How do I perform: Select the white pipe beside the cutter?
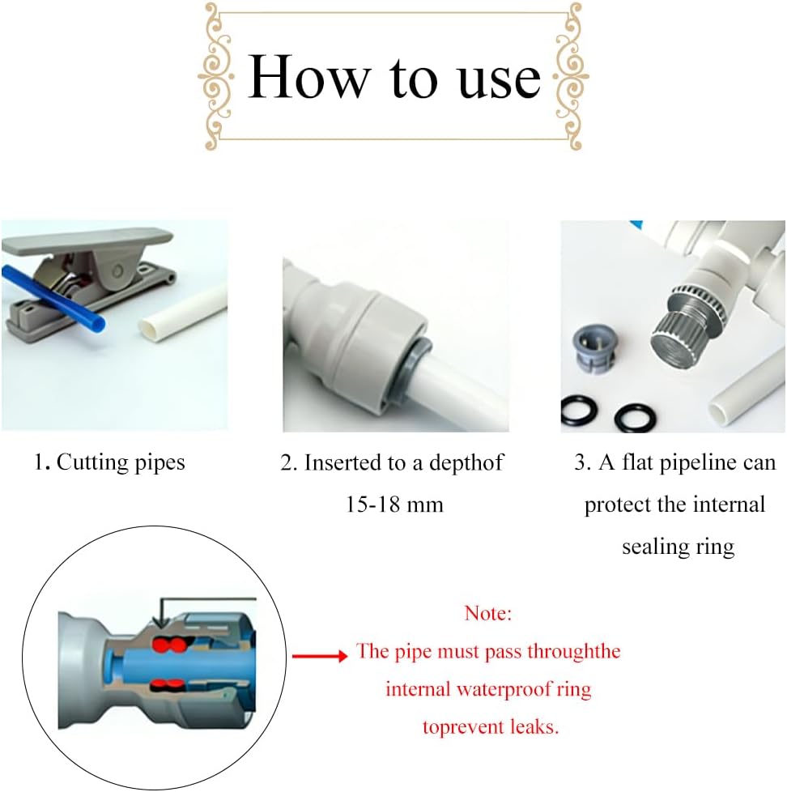click(183, 315)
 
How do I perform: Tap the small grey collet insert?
click(594, 347)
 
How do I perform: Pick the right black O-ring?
click(636, 419)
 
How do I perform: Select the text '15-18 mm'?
click(394, 504)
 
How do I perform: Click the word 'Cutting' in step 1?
click(93, 462)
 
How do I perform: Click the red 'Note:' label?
click(488, 613)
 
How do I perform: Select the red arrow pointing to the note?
click(321, 656)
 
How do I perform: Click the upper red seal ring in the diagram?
click(168, 644)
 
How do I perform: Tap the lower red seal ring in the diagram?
click(168, 685)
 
